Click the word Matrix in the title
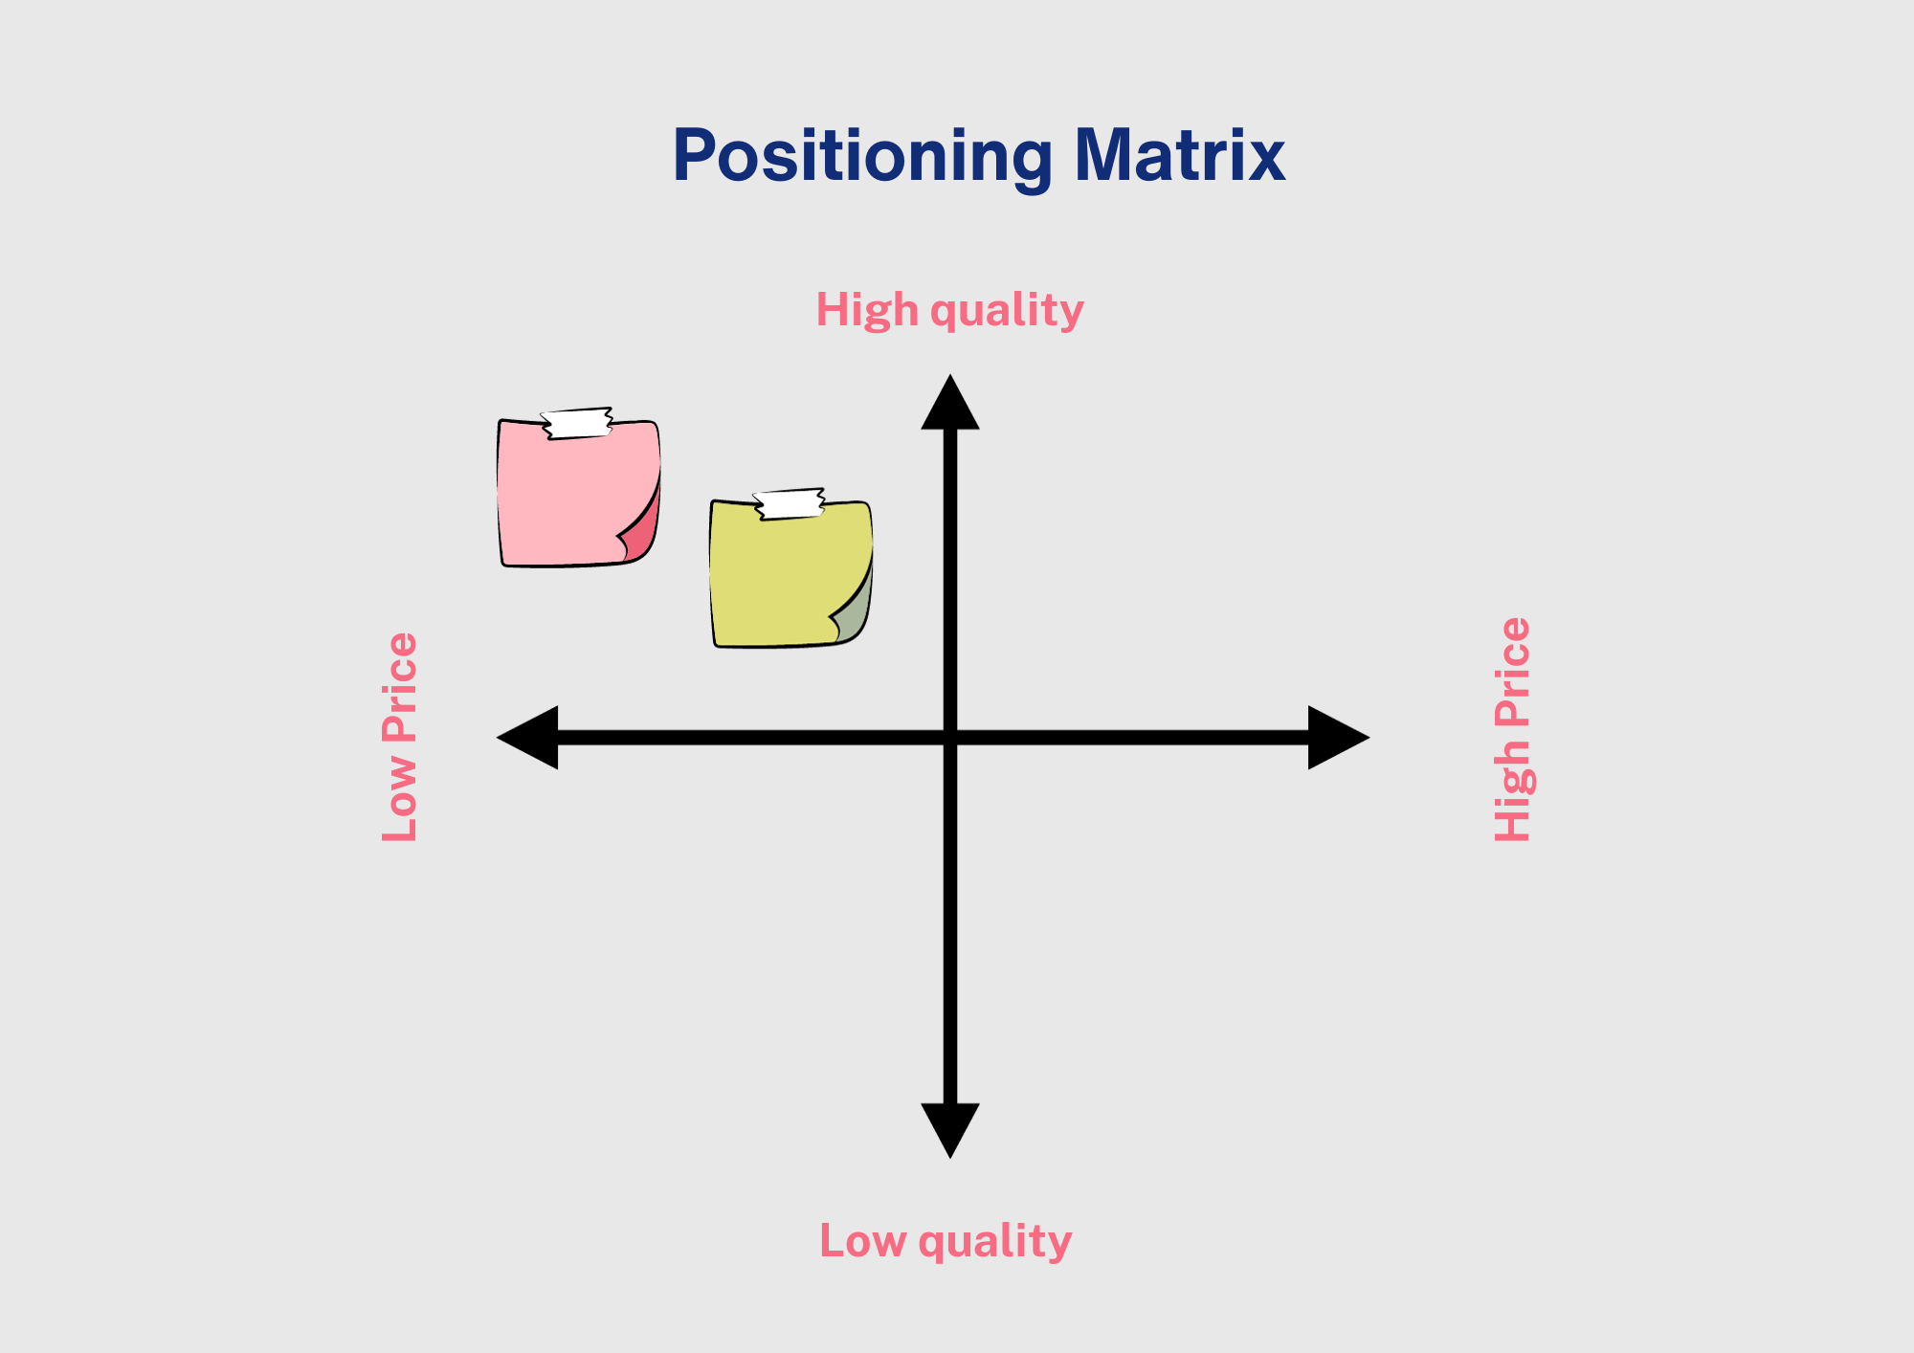pyautogui.click(x=1180, y=155)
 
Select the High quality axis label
pyautogui.click(x=949, y=311)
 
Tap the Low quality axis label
pyautogui.click(x=946, y=1242)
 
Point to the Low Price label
pyautogui.click(x=400, y=737)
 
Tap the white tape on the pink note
pyautogui.click(x=577, y=423)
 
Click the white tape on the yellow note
pyautogui.click(x=790, y=504)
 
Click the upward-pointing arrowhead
pyautogui.click(x=950, y=402)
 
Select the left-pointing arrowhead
pyautogui.click(x=527, y=738)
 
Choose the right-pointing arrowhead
pyautogui.click(x=1339, y=738)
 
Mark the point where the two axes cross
pyautogui.click(x=950, y=738)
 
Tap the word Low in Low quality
pyautogui.click(x=863, y=1241)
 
